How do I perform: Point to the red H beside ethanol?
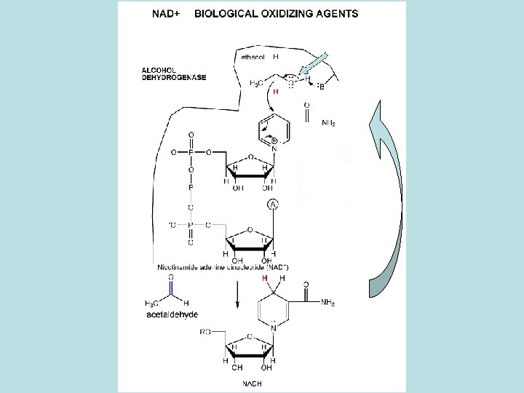coord(275,91)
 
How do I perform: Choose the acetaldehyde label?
coord(171,314)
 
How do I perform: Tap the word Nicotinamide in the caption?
coord(180,266)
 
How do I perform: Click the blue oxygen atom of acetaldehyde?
coord(171,277)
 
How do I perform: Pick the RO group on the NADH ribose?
coord(206,331)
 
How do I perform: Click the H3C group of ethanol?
coord(257,83)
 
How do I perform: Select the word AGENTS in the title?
coord(334,13)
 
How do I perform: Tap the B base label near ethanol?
coord(321,87)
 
